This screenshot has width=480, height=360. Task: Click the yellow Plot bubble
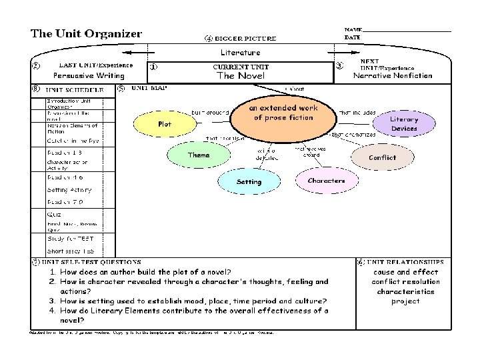point(165,124)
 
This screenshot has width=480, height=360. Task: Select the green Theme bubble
point(198,155)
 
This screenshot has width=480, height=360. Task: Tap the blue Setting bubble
point(249,181)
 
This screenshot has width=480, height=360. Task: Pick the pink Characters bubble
point(326,181)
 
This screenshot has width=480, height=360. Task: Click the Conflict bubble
point(382,157)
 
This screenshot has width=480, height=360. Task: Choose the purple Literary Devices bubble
point(404,123)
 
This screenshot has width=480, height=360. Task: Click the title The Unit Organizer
point(86,34)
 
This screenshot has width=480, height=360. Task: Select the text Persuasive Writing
point(89,76)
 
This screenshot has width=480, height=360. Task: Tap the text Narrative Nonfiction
point(393,76)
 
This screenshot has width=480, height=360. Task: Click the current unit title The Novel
point(240,76)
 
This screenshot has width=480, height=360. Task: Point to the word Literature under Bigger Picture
point(240,52)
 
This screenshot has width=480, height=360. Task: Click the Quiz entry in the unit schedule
point(55,214)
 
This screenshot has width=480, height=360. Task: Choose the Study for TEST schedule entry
point(70,238)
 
